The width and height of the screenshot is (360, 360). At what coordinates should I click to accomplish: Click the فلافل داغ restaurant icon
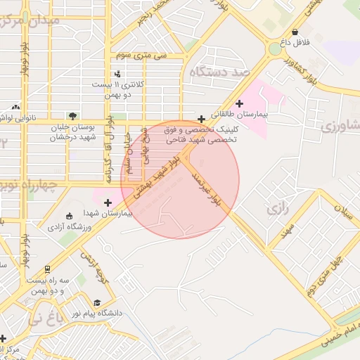point(295,32)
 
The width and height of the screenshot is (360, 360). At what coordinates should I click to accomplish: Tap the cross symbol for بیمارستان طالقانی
point(240,103)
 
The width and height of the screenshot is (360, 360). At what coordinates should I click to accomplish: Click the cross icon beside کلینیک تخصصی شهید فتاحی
point(202,119)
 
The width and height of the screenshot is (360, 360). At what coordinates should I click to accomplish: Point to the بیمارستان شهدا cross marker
point(107,203)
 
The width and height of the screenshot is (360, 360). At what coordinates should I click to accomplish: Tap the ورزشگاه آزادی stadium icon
point(68,216)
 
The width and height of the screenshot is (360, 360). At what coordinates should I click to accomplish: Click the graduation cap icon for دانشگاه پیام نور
point(96,303)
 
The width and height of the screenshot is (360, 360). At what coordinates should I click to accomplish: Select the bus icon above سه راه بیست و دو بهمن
point(47,269)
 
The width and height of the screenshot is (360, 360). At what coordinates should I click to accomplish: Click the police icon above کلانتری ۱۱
point(117,73)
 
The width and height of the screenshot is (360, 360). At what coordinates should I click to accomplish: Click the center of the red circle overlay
point(180,179)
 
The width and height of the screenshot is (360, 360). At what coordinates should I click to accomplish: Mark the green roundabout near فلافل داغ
point(275,49)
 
